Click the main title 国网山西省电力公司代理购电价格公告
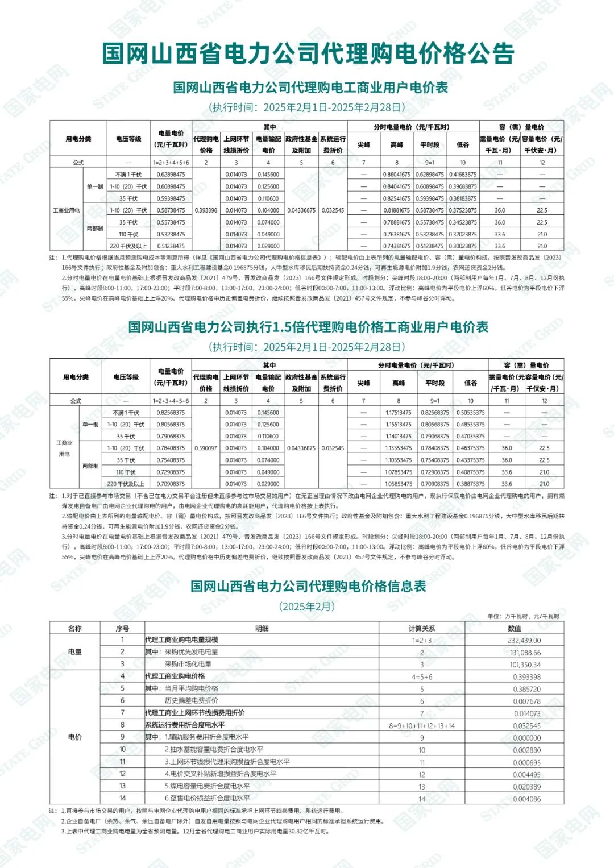[x=308, y=53]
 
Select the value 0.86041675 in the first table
[x=396, y=175]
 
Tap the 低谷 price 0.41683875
[x=463, y=175]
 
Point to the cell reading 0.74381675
[x=396, y=246]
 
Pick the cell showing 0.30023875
[x=463, y=246]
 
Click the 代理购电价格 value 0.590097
[x=206, y=448]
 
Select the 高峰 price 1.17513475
[x=399, y=413]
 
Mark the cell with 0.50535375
[x=471, y=413]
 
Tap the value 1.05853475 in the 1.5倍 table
[x=399, y=484]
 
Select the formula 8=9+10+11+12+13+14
[x=422, y=726]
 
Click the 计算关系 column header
[x=422, y=628]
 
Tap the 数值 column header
[x=515, y=628]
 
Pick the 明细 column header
[x=262, y=628]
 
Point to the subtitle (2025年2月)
[x=308, y=606]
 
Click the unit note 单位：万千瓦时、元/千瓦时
[x=523, y=616]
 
